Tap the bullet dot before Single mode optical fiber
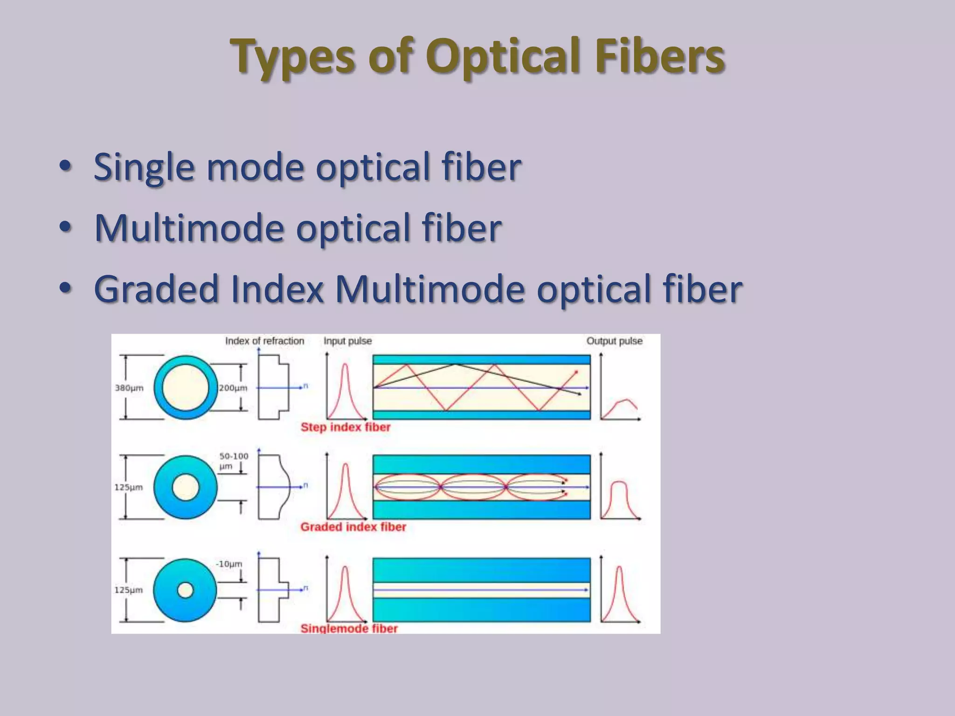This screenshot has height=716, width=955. [66, 165]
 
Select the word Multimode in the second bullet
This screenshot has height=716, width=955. [189, 228]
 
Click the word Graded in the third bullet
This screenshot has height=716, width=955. [156, 289]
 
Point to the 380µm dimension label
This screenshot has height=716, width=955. [129, 388]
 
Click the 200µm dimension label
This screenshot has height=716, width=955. [233, 388]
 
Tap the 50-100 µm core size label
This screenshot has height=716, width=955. [233, 461]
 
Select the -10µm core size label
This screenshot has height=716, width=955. [229, 564]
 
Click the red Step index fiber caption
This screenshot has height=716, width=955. [345, 427]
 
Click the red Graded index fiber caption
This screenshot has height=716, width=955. [353, 527]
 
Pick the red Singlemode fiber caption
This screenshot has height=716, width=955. [349, 628]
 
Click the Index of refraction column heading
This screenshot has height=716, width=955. [264, 341]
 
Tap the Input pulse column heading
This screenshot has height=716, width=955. [347, 341]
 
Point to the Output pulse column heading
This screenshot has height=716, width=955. [614, 341]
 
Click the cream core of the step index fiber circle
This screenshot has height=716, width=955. [186, 387]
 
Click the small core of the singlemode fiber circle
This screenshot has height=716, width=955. [186, 590]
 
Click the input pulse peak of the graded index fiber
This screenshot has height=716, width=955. [346, 466]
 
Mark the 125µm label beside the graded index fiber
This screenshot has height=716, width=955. [129, 487]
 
